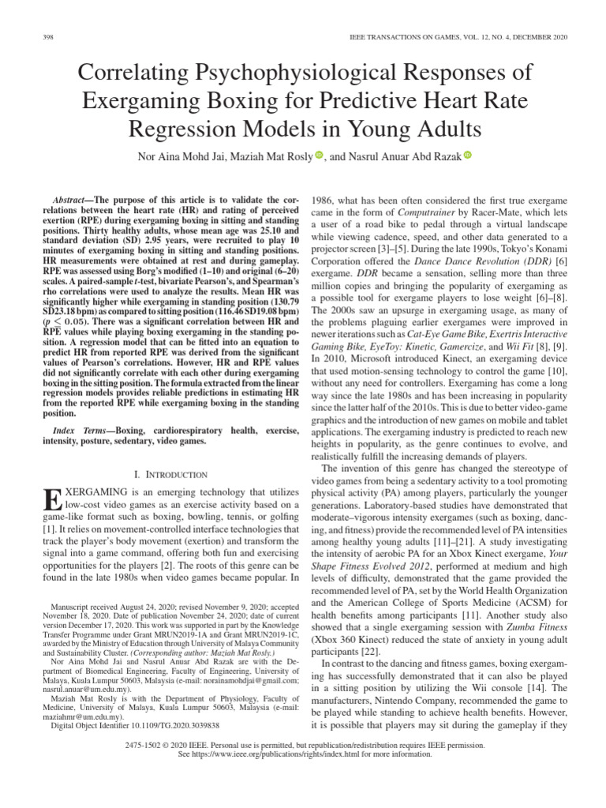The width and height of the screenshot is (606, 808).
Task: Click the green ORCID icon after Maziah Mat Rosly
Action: (319, 155)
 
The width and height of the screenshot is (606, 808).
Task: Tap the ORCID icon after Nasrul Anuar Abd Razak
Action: (466, 155)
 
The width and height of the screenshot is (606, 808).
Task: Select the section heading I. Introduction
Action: (171, 474)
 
